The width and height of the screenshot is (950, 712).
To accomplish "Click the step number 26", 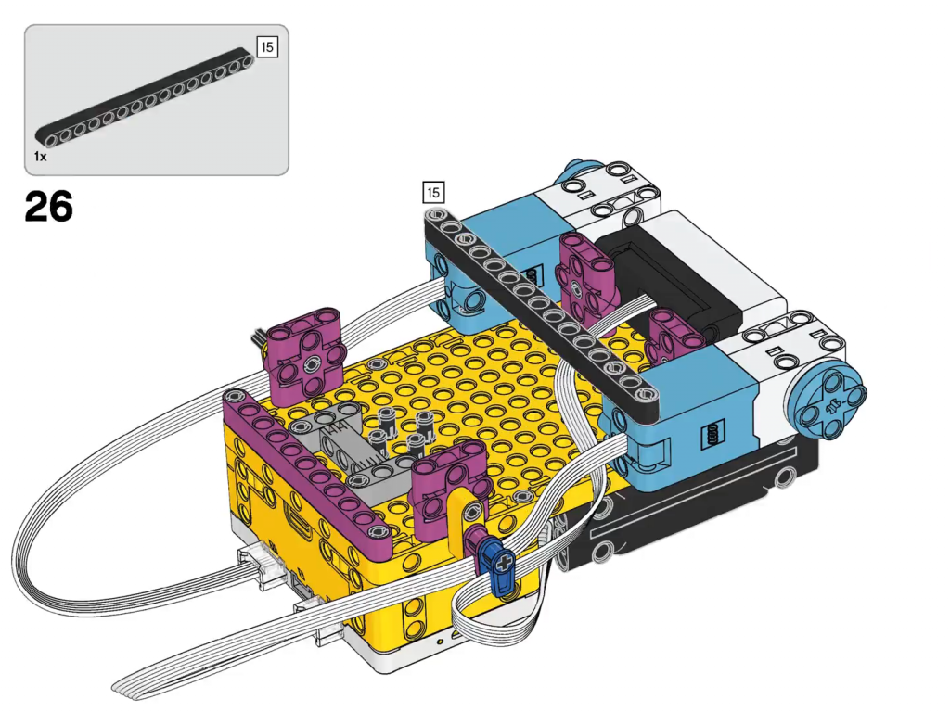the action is tap(49, 206).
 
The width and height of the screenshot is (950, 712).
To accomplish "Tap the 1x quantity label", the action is tap(40, 157).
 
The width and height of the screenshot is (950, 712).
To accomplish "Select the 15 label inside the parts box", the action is tap(267, 47).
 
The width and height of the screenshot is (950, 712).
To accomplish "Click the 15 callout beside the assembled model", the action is tap(432, 193).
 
